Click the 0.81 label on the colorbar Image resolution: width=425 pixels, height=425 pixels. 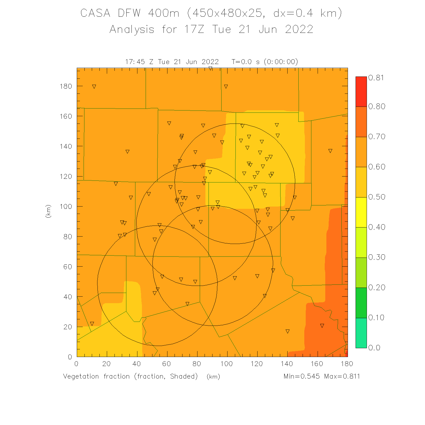376,78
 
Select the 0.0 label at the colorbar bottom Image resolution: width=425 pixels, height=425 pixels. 374,348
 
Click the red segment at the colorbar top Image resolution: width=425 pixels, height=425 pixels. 361,92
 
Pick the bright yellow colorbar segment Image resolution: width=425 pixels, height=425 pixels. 361,212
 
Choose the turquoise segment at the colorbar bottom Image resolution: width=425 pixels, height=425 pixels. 361,333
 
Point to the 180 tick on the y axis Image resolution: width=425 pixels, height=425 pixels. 66,86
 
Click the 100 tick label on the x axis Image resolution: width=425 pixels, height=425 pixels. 227,364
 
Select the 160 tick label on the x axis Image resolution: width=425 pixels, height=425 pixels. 317,364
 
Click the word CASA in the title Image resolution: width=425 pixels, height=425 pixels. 95,13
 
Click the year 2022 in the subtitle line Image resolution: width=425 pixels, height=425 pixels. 299,29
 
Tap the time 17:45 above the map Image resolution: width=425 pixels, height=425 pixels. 135,62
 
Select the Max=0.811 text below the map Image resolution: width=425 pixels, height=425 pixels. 342,376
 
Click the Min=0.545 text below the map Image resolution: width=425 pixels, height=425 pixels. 301,376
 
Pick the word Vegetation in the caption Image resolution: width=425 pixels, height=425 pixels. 81,376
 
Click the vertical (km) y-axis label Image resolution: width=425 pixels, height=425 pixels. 48,211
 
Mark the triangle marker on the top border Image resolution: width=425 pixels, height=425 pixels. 210,69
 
